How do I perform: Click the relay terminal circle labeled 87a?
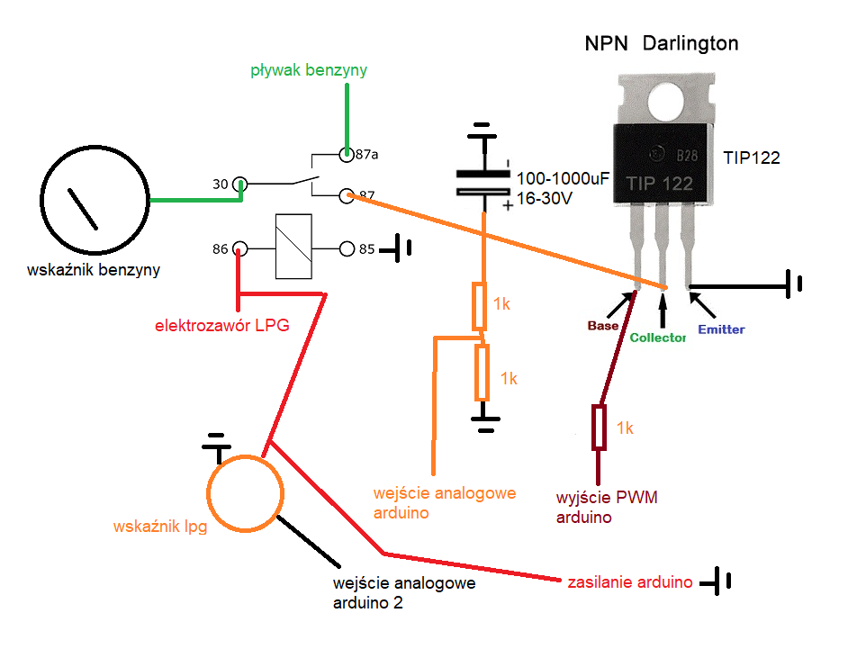click(347, 155)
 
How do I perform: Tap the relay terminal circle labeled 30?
click(240, 185)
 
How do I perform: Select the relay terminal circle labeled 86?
click(240, 249)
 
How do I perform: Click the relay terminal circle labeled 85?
click(347, 249)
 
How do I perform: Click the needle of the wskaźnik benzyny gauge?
click(83, 209)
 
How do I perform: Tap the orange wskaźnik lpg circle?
click(246, 455)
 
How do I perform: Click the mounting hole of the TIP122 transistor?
click(666, 103)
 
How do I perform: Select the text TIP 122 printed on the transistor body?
click(659, 183)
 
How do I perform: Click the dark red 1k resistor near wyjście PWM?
click(599, 428)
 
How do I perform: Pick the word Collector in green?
click(657, 338)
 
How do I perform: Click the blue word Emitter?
click(721, 329)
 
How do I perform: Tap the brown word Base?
click(603, 325)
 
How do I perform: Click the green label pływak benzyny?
click(309, 70)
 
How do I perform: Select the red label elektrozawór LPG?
click(221, 325)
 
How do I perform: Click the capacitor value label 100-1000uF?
click(563, 179)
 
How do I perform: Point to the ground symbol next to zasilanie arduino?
click(716, 581)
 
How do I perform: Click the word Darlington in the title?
click(690, 43)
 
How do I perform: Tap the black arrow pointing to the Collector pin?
click(663, 310)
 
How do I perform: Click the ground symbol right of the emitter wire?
click(794, 284)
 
